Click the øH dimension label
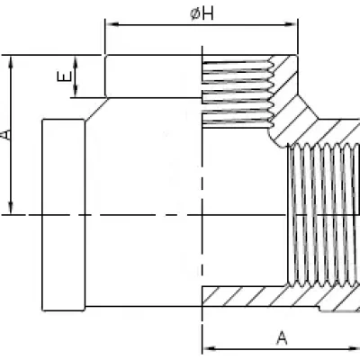tap(202, 13)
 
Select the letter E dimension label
tap(64, 76)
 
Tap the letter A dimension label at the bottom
tap(282, 338)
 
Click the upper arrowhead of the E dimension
tap(76, 62)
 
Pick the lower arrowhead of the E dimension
tap(76, 91)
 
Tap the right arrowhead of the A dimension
tap(354, 348)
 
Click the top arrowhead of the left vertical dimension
tap(11, 62)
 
